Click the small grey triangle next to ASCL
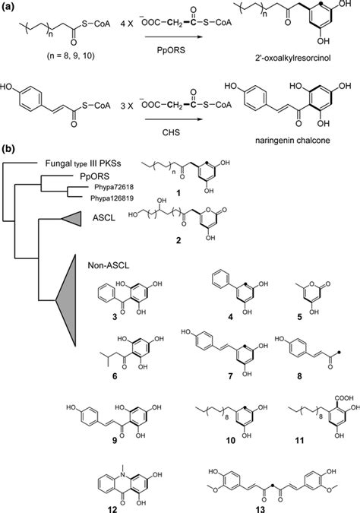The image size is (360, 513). (73, 219)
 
